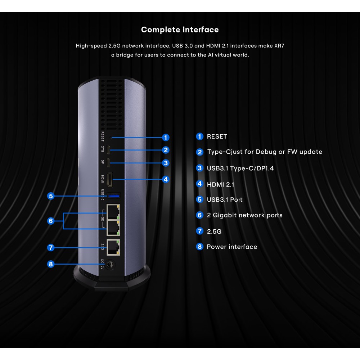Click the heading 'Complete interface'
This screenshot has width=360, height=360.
tap(180, 30)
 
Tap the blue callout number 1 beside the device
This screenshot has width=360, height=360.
tap(165, 137)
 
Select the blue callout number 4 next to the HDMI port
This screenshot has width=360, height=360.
tap(166, 179)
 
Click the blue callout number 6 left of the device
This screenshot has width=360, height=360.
tap(51, 221)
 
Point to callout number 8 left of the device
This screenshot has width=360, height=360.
tap(51, 264)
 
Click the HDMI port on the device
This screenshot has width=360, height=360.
tap(111, 179)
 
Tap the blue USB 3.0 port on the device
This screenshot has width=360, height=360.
tap(114, 195)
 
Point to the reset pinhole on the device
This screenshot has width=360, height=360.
tap(112, 137)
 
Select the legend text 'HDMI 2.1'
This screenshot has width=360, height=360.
tap(220, 184)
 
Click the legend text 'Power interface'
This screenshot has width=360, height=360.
tap(232, 247)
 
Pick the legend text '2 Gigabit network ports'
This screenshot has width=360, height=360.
tap(244, 215)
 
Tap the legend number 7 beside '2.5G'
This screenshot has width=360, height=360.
tap(200, 231)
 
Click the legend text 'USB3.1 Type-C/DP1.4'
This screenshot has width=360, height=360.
tap(240, 168)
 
